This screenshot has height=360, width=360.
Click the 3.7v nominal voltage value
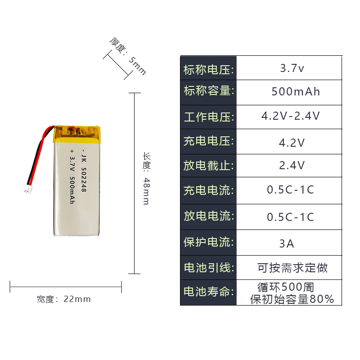292,69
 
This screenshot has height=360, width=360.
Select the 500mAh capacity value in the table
296,92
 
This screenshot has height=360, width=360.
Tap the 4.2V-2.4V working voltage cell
291,116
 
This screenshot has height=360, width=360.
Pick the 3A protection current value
287,243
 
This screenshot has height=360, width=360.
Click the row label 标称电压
209,70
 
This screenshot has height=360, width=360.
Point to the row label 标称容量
209,91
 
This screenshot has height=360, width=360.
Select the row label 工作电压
209,117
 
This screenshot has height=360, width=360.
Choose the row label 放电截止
209,165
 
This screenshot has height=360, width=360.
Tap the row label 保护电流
209,242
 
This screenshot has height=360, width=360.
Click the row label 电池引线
209,268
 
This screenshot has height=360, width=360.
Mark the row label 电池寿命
209,292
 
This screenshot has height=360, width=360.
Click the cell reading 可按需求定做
292,268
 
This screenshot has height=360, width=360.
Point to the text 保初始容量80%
292,299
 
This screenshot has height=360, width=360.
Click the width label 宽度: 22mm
63,299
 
